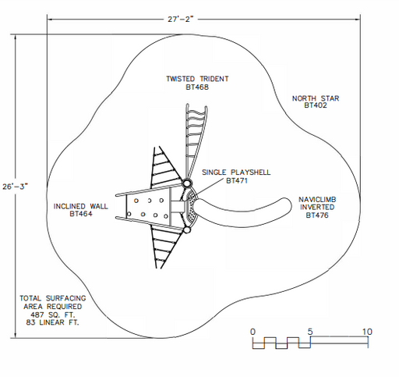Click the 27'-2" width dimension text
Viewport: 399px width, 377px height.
[181, 19]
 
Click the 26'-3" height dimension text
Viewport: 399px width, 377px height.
[15, 187]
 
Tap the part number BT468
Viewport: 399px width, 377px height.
[197, 87]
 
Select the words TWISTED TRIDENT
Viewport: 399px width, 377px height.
[197, 79]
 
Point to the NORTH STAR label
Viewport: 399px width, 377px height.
[316, 98]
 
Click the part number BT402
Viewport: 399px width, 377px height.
[316, 105]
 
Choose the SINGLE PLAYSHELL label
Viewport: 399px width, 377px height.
[236, 172]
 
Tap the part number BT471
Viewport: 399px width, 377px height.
[237, 180]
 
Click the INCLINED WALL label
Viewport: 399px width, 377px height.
[80, 206]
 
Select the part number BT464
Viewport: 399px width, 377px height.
[81, 214]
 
